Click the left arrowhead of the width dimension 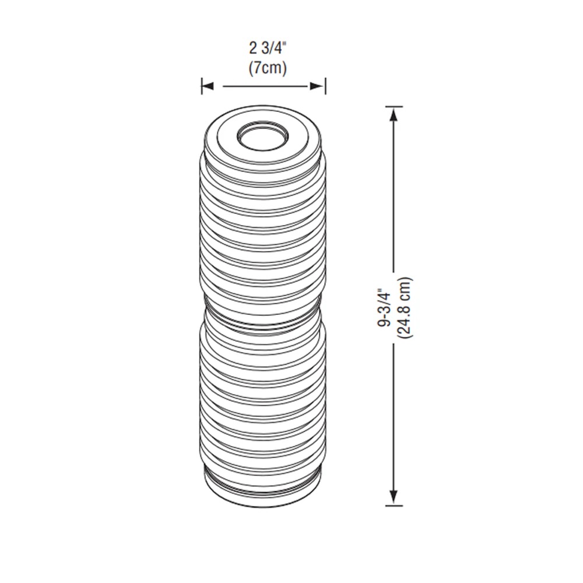coord(208,87)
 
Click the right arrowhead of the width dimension coord(318,87)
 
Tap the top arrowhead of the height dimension coord(394,115)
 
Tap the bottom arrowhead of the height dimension coord(394,497)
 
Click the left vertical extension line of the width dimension coord(202,87)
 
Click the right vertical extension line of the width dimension coord(325,87)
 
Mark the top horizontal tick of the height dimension coord(394,107)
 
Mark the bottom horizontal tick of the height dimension coord(394,505)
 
